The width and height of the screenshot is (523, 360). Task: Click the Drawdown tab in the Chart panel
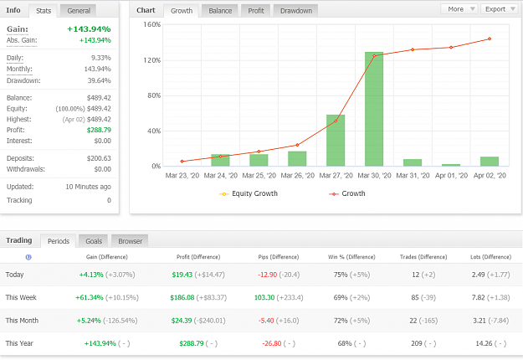(296, 11)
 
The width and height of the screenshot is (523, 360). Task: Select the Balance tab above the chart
(220, 11)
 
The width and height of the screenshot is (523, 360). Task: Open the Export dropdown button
(500, 9)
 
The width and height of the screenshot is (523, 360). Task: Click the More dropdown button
(459, 9)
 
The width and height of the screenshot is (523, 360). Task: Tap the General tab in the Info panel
(79, 11)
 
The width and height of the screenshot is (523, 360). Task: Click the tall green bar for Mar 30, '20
(374, 109)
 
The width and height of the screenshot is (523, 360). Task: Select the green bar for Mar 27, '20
(336, 141)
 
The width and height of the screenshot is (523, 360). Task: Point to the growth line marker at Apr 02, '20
(490, 39)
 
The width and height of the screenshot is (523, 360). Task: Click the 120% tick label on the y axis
(152, 60)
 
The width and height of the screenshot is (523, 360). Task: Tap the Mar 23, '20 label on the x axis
(182, 176)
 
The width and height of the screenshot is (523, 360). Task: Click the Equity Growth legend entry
(249, 193)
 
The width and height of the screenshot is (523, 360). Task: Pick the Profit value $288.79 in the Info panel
(99, 130)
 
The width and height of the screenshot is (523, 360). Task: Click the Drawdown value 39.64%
(99, 80)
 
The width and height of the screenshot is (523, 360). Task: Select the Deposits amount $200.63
(99, 158)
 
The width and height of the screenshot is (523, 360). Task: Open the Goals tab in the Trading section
(94, 241)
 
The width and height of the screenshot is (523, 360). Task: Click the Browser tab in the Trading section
(130, 241)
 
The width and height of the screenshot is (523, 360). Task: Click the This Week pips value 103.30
(264, 297)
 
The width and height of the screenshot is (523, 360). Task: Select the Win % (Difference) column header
(351, 257)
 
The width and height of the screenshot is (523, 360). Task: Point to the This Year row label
(19, 343)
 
